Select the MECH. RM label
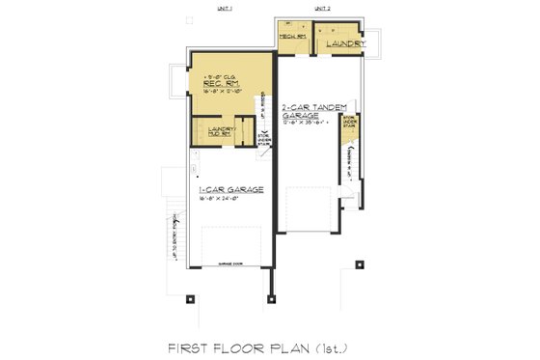pyautogui.click(x=292, y=36)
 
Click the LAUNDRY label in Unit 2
pyautogui.click(x=344, y=44)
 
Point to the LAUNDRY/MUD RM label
pyautogui.click(x=214, y=132)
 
